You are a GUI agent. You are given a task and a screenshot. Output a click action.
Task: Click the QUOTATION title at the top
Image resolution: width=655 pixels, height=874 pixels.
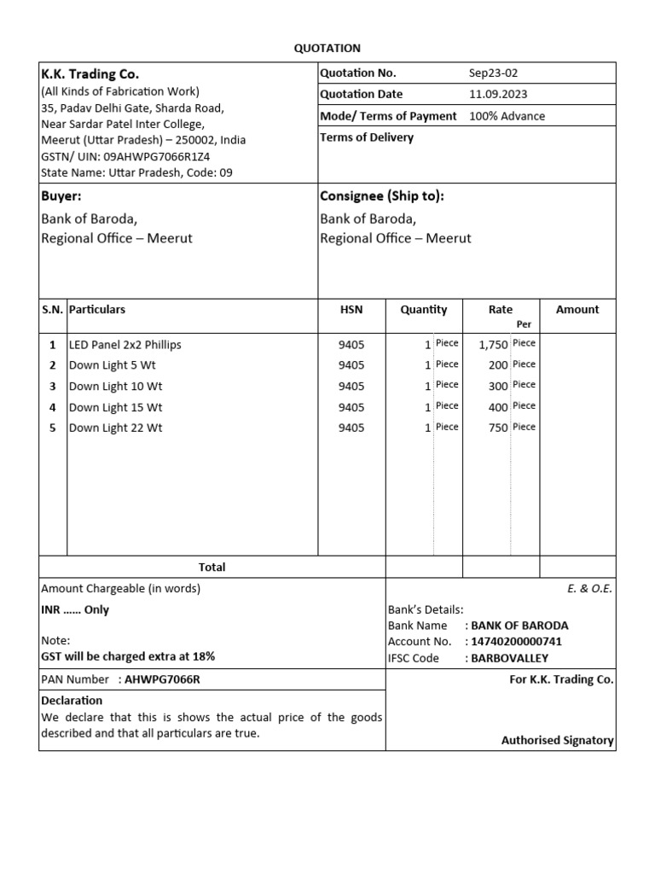coord(327,49)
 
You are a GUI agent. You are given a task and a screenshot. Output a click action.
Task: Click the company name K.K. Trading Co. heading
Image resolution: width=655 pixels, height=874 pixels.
coord(90,74)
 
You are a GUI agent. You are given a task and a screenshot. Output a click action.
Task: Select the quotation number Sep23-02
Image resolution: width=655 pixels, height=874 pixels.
coord(493,73)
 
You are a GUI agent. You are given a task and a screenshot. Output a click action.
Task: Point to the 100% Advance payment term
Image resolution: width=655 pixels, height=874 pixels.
coord(507,116)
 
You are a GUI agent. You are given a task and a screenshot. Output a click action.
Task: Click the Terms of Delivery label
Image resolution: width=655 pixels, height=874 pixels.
coord(367,137)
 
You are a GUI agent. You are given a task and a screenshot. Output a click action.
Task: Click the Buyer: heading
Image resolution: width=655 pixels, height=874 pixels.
coord(61,196)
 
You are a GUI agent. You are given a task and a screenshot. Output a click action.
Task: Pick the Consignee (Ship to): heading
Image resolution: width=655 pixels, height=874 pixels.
coord(381,196)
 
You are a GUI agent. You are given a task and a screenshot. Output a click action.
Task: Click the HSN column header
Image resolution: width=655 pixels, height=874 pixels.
coord(351,310)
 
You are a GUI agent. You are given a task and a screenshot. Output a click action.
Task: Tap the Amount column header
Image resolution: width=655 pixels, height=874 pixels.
coord(577,310)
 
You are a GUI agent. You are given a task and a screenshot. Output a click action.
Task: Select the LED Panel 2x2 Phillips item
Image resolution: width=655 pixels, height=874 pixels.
coord(125,345)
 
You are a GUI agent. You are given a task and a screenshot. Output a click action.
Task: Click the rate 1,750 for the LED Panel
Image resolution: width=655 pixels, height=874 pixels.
coord(494,345)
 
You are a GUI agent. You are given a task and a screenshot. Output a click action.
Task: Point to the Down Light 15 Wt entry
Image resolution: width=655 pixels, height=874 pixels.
coord(115,407)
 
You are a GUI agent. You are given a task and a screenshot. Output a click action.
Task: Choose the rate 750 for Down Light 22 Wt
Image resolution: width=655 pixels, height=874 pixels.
coord(498,428)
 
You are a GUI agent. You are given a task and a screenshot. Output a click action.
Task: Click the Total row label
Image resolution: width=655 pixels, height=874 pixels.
coord(212,567)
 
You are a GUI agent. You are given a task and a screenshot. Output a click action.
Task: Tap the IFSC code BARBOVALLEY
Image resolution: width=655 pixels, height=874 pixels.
coord(510,658)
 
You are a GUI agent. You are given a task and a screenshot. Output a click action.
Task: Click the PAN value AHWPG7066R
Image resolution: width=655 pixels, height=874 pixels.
coord(162,679)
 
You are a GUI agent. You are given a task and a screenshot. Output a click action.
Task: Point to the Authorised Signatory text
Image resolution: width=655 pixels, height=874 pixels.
coord(557,741)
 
